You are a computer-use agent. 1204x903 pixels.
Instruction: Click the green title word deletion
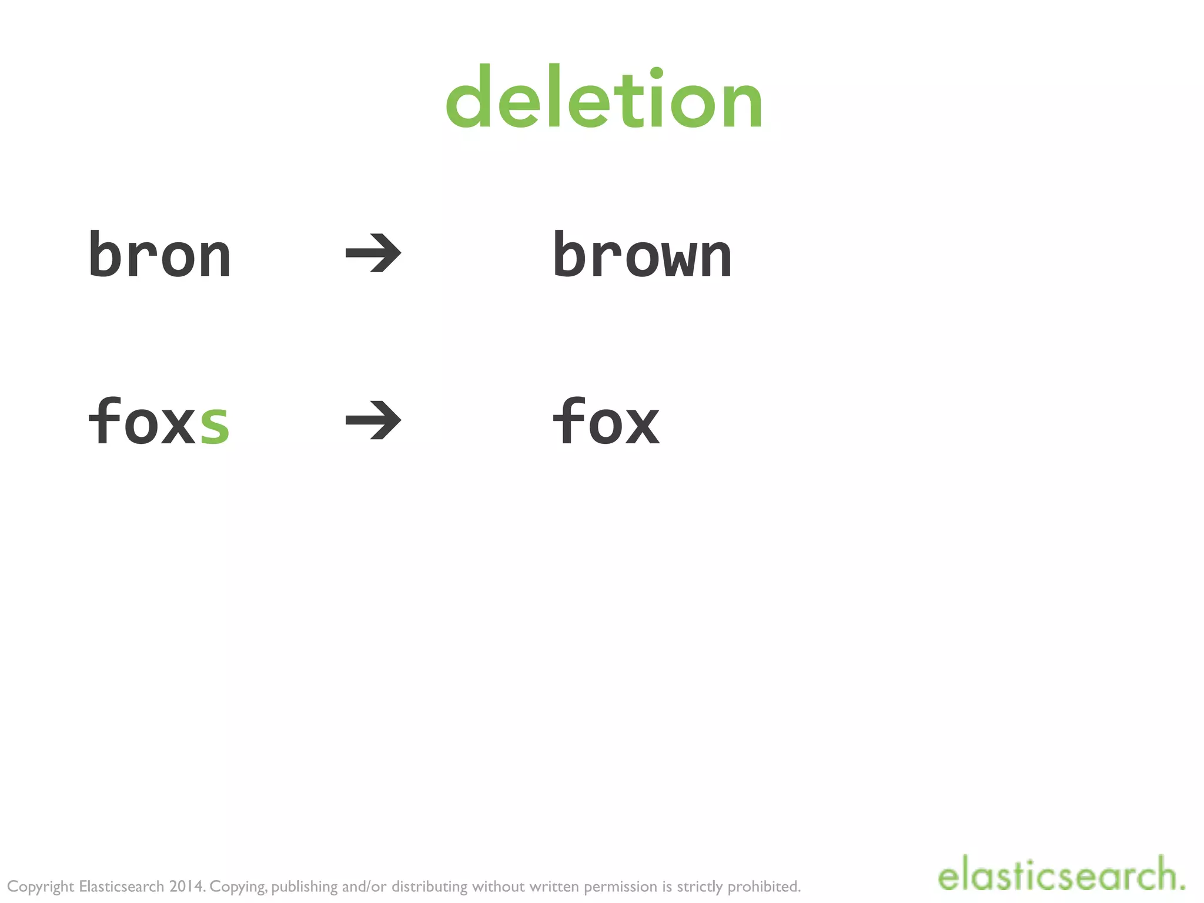point(604,99)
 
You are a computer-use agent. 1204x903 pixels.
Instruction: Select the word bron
point(159,255)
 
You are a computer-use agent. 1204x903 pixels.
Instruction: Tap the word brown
point(642,255)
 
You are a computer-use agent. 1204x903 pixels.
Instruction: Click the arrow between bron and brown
point(373,253)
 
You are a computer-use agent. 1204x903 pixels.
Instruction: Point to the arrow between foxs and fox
point(373,420)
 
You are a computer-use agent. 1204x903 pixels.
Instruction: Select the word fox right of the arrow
point(606,421)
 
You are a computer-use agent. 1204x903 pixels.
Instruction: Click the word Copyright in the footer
point(41,887)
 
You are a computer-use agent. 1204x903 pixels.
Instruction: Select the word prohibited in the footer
point(764,886)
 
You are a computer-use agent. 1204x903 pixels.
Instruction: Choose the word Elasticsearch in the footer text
point(121,886)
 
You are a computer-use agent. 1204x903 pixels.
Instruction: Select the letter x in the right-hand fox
point(643,424)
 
